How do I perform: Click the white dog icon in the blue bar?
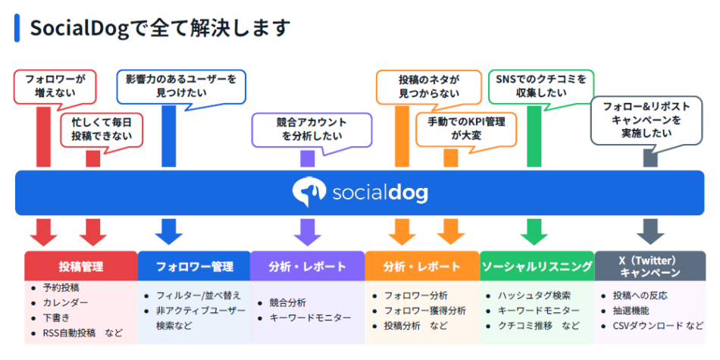[309, 193]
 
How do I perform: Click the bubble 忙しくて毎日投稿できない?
[96, 130]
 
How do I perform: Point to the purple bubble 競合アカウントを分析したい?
[311, 129]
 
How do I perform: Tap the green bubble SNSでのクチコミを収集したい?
[541, 86]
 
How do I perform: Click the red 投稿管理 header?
[81, 267]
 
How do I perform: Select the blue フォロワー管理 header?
[194, 267]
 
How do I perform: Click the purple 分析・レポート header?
[308, 267]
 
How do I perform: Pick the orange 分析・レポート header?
[422, 267]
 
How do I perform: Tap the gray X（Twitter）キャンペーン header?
[650, 267]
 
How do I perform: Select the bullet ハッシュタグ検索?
[534, 296]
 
